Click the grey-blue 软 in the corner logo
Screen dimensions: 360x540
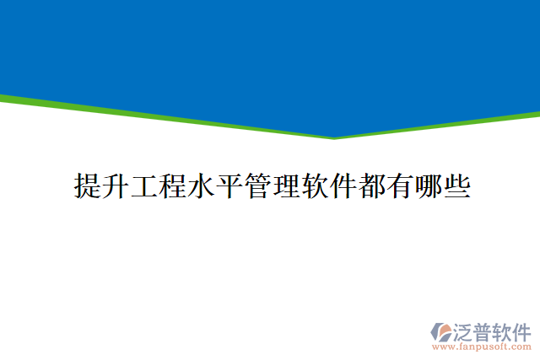[x=503, y=330]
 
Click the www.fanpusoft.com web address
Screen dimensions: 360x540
[x=481, y=347]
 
